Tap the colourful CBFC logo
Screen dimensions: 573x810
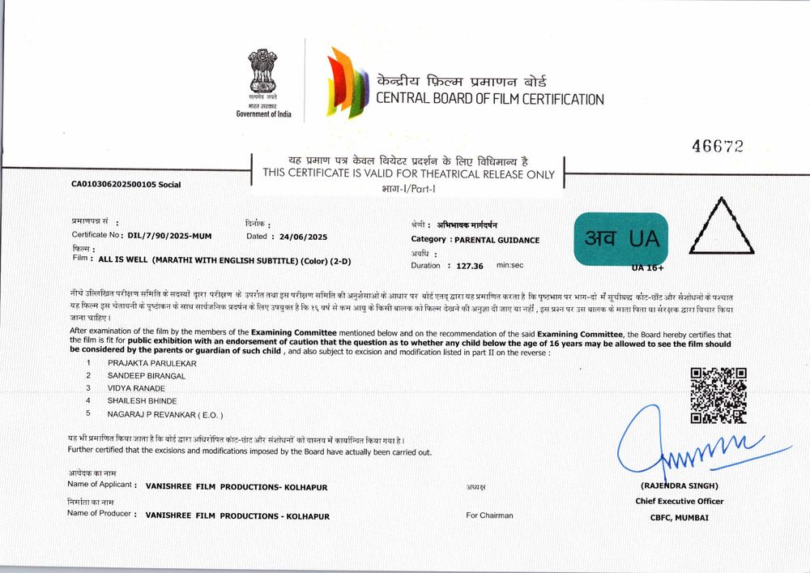(343, 83)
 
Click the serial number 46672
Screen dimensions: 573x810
(717, 146)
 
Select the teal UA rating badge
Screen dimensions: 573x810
(620, 238)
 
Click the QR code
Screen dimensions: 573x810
(718, 396)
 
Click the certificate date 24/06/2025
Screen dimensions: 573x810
(304, 237)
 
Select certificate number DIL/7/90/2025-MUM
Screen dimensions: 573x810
(171, 235)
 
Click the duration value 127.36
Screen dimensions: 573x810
(470, 265)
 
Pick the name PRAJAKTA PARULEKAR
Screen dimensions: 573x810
(152, 363)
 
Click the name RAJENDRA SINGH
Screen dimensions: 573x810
(679, 486)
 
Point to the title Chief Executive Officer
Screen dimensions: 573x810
(679, 501)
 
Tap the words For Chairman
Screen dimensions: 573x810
(489, 515)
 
